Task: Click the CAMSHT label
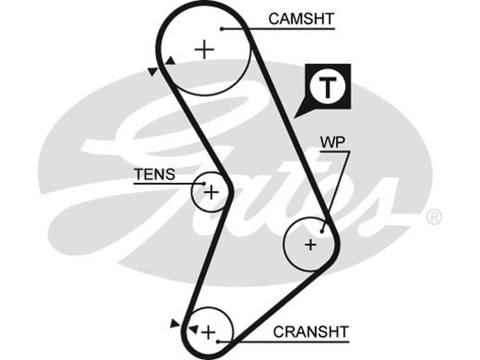pyautogui.click(x=301, y=19)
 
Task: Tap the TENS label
pyautogui.click(x=154, y=175)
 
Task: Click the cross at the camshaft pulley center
pyautogui.click(x=205, y=49)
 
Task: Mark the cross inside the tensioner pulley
pyautogui.click(x=211, y=192)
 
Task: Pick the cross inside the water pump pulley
pyautogui.click(x=310, y=244)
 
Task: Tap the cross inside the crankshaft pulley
pyautogui.click(x=208, y=331)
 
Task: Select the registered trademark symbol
pyautogui.click(x=434, y=217)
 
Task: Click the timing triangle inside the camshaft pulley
pyautogui.click(x=171, y=61)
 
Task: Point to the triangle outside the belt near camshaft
pyautogui.click(x=153, y=71)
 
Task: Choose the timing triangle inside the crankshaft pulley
pyautogui.click(x=193, y=329)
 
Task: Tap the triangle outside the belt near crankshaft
pyautogui.click(x=175, y=323)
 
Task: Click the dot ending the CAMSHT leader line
pyautogui.click(x=221, y=28)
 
